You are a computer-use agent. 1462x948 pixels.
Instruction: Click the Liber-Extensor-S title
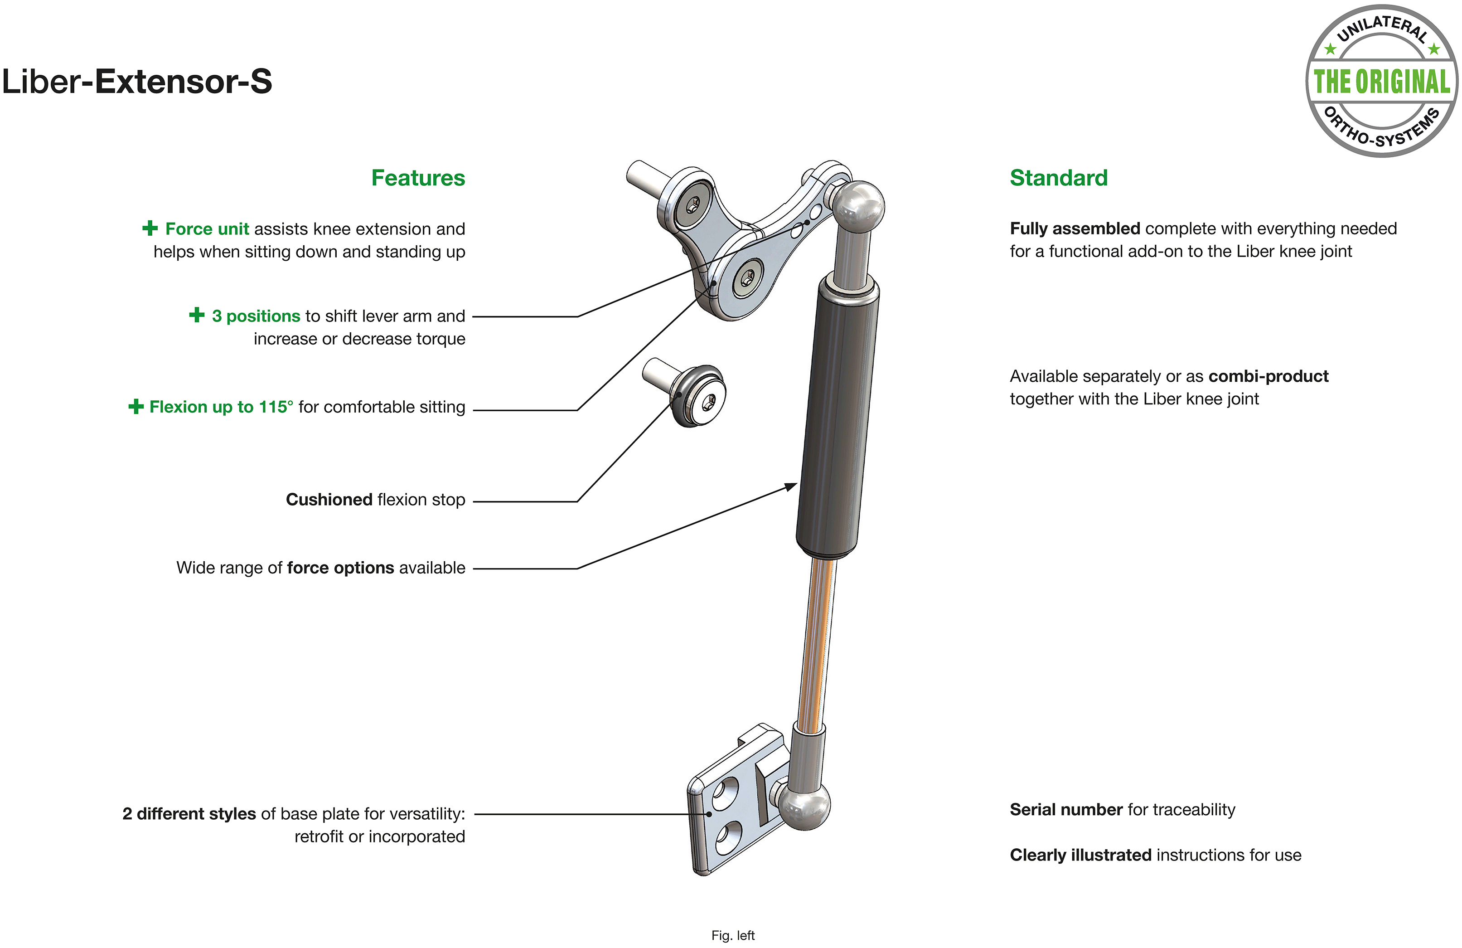coord(137,81)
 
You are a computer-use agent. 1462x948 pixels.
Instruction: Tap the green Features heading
coord(418,178)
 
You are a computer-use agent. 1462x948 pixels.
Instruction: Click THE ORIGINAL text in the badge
coord(1381,82)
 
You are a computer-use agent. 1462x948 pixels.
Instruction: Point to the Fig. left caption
coord(733,935)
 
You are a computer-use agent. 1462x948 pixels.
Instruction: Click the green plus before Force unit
coord(150,228)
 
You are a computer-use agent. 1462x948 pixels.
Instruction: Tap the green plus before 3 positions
coord(197,315)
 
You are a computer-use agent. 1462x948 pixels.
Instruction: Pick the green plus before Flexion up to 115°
coord(136,406)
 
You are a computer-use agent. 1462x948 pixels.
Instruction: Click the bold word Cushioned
coord(329,500)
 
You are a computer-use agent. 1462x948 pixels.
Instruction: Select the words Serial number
coord(1066,810)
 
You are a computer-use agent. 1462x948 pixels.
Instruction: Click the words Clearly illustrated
coord(1080,855)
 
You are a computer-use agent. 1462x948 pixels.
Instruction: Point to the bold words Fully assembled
coord(1075,229)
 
